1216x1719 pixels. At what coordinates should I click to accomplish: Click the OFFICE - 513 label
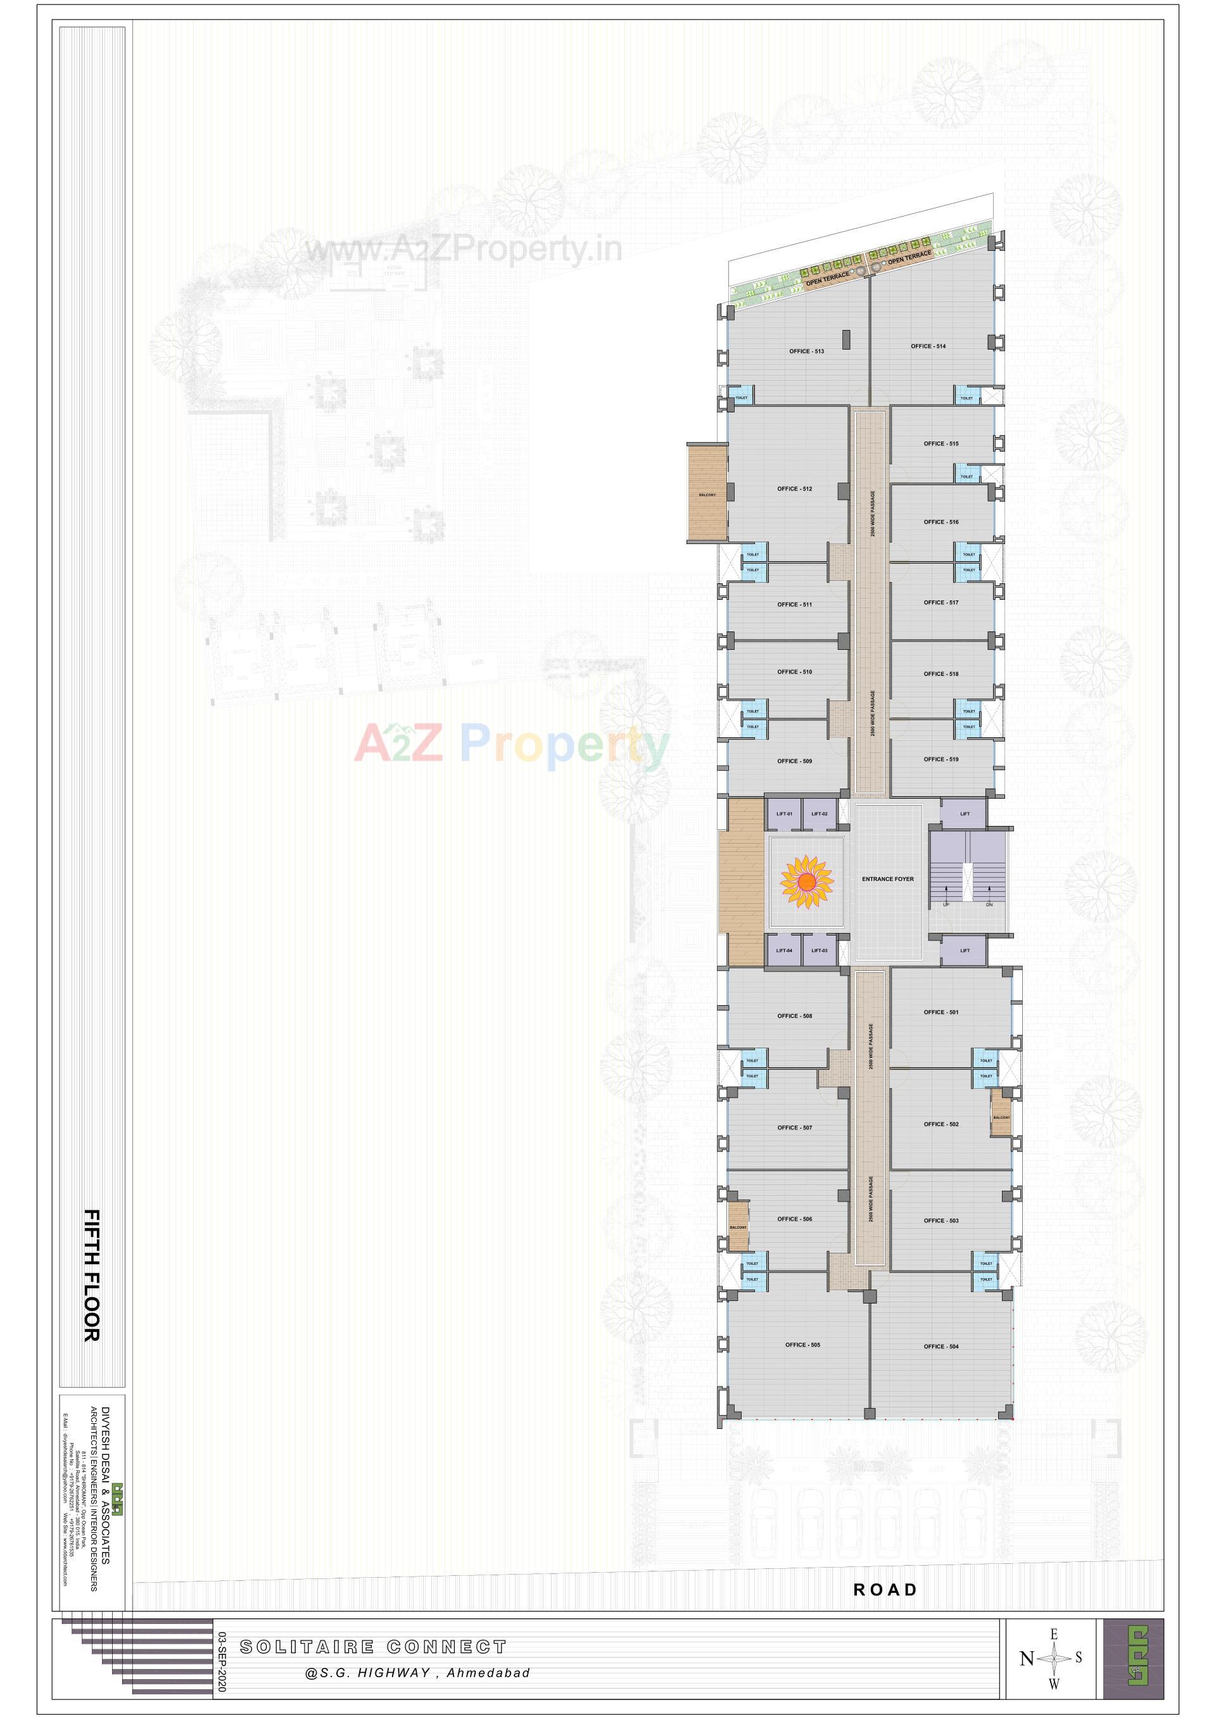click(806, 351)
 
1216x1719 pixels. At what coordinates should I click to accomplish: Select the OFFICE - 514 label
click(928, 346)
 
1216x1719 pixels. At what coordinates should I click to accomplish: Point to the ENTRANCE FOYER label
click(887, 879)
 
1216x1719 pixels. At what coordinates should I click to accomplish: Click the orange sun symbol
click(806, 881)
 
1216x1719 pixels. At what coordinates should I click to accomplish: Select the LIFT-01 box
click(784, 814)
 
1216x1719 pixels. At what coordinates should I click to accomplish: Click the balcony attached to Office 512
click(707, 493)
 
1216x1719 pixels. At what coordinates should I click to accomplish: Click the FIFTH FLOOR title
click(91, 1275)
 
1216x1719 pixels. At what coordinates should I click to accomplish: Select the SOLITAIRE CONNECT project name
click(373, 1647)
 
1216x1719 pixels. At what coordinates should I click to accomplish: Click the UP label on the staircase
click(946, 904)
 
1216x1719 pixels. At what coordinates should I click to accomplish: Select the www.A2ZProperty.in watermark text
click(463, 248)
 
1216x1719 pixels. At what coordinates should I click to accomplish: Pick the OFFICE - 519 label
click(940, 759)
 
